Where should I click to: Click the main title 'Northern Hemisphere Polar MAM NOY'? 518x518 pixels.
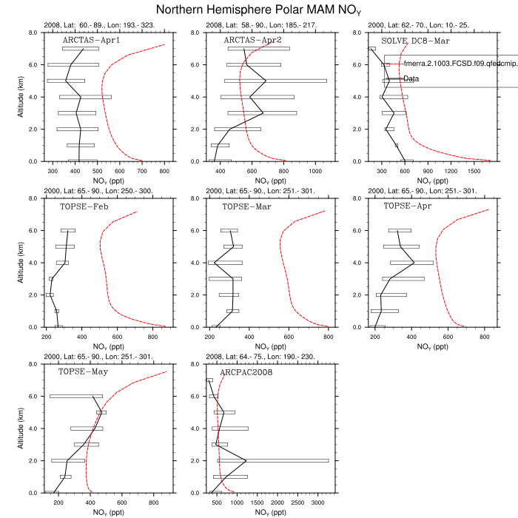coord(258,10)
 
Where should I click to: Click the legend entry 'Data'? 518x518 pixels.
coord(411,78)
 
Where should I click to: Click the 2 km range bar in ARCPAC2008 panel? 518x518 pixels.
coord(270,460)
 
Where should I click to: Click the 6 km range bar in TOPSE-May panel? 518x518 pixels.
coord(76,396)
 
